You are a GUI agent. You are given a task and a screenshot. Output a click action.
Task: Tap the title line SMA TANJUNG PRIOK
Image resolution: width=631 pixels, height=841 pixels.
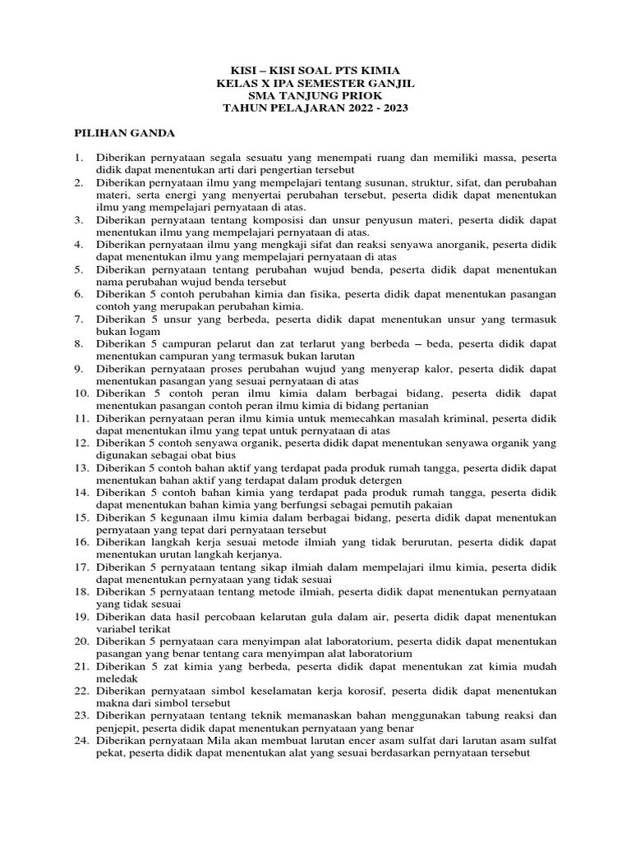pos(315,96)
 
